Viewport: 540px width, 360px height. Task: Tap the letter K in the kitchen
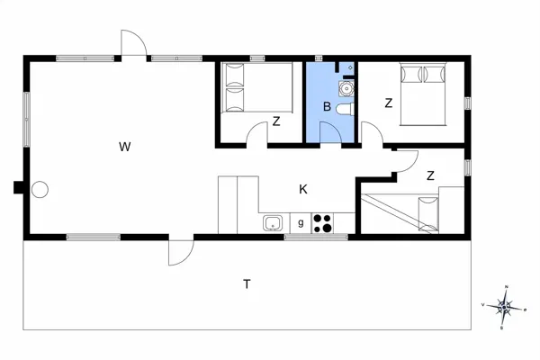[x=303, y=189]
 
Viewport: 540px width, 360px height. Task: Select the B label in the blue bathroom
[x=327, y=107]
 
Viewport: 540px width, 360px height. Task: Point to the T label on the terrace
[x=246, y=284]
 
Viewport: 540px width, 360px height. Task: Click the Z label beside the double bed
[x=388, y=103]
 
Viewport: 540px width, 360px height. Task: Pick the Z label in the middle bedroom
[x=276, y=121]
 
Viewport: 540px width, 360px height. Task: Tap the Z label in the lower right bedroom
[x=431, y=175]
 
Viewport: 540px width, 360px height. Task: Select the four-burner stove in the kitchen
[x=323, y=221]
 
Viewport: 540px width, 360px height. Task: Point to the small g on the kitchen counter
[x=300, y=221]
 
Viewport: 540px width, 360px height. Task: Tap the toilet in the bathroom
[x=345, y=109]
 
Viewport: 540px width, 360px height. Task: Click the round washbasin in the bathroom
[x=346, y=88]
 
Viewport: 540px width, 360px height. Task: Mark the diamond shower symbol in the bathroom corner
[x=349, y=67]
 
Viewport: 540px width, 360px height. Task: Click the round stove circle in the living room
[x=40, y=190]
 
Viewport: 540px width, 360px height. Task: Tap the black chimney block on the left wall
[x=18, y=187]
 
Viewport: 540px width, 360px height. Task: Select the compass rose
[x=506, y=307]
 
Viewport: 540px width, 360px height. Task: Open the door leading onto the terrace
[x=180, y=252]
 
